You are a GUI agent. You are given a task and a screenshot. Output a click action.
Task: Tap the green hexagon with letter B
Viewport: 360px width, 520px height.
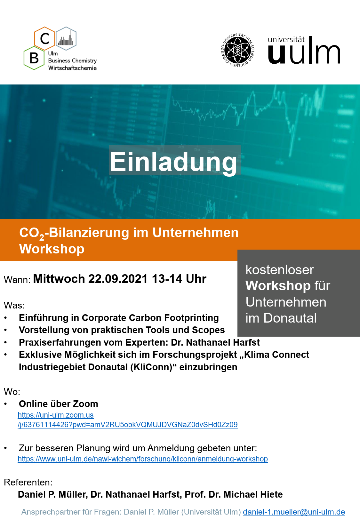(x=34, y=58)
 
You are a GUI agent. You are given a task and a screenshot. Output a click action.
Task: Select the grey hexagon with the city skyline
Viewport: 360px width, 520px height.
(x=66, y=38)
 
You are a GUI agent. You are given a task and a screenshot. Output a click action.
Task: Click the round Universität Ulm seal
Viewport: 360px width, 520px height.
(x=237, y=50)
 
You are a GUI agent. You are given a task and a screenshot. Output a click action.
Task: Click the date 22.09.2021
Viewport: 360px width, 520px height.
(x=118, y=279)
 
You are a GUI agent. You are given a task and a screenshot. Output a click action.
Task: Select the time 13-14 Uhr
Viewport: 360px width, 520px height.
(x=179, y=279)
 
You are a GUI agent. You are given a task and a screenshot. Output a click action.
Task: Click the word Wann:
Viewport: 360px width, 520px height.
(x=17, y=279)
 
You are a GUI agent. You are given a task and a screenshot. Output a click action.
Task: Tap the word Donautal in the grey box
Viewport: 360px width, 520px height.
(x=290, y=318)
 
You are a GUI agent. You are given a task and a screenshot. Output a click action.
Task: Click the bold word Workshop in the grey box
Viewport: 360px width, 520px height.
(x=278, y=285)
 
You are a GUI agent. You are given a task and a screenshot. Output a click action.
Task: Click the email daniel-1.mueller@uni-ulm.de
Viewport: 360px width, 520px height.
(x=294, y=512)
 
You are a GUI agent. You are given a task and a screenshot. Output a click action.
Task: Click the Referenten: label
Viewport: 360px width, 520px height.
(x=28, y=482)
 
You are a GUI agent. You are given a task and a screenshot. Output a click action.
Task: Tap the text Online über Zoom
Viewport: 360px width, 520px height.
(x=59, y=404)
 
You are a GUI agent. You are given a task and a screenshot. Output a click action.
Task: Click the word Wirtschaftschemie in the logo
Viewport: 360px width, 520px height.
(x=72, y=68)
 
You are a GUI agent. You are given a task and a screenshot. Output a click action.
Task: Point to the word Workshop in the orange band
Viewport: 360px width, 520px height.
(x=52, y=249)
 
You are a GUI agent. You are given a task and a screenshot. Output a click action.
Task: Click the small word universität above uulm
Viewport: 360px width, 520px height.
(x=286, y=39)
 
